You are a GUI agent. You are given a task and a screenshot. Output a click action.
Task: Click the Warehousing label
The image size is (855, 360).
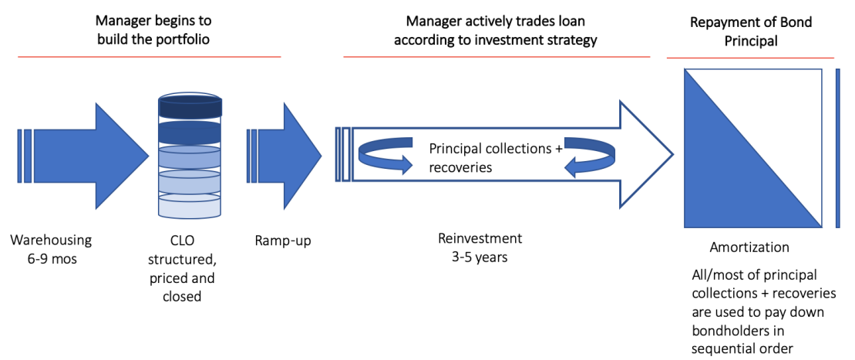(52, 241)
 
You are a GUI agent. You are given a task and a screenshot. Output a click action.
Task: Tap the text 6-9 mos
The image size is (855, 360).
(52, 259)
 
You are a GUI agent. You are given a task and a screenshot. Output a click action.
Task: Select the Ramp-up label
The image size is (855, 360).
(282, 241)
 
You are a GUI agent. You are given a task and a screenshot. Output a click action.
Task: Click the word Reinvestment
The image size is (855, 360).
(480, 238)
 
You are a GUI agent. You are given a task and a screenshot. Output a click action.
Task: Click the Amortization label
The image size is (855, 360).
(749, 247)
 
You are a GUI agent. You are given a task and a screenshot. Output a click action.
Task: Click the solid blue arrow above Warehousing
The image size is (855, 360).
(83, 156)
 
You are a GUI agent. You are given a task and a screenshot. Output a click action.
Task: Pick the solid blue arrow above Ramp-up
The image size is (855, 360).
(284, 156)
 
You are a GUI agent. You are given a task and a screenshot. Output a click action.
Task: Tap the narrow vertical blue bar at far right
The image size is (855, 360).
(837, 148)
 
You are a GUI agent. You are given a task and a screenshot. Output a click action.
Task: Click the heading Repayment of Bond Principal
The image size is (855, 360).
(750, 32)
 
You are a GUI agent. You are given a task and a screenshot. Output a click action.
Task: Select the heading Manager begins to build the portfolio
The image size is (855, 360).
(153, 32)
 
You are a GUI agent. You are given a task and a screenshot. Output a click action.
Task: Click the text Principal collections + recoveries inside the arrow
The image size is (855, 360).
(496, 158)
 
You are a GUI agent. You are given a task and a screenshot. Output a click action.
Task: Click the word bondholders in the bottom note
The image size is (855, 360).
(728, 331)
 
